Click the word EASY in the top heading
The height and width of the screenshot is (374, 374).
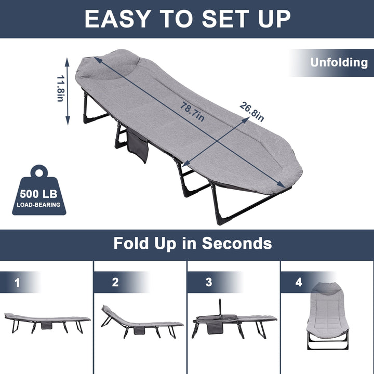(117, 19)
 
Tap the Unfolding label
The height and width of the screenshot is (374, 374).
(339, 62)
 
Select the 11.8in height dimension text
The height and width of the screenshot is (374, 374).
(60, 88)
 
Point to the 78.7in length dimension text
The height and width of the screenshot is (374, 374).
(192, 112)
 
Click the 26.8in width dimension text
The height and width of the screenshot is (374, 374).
(252, 112)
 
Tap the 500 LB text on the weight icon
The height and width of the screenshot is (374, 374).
(38, 194)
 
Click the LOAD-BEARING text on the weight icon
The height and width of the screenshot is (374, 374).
(38, 205)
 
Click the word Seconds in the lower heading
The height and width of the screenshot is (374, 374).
(237, 243)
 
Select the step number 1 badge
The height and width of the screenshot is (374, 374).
(17, 283)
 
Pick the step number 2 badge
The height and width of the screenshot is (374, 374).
(115, 282)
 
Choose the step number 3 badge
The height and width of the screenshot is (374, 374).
(209, 282)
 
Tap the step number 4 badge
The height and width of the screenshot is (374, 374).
(299, 282)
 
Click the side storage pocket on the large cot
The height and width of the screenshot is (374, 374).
(138, 146)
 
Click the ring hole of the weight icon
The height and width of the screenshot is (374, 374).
(39, 172)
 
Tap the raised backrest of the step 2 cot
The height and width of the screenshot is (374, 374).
(113, 314)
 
